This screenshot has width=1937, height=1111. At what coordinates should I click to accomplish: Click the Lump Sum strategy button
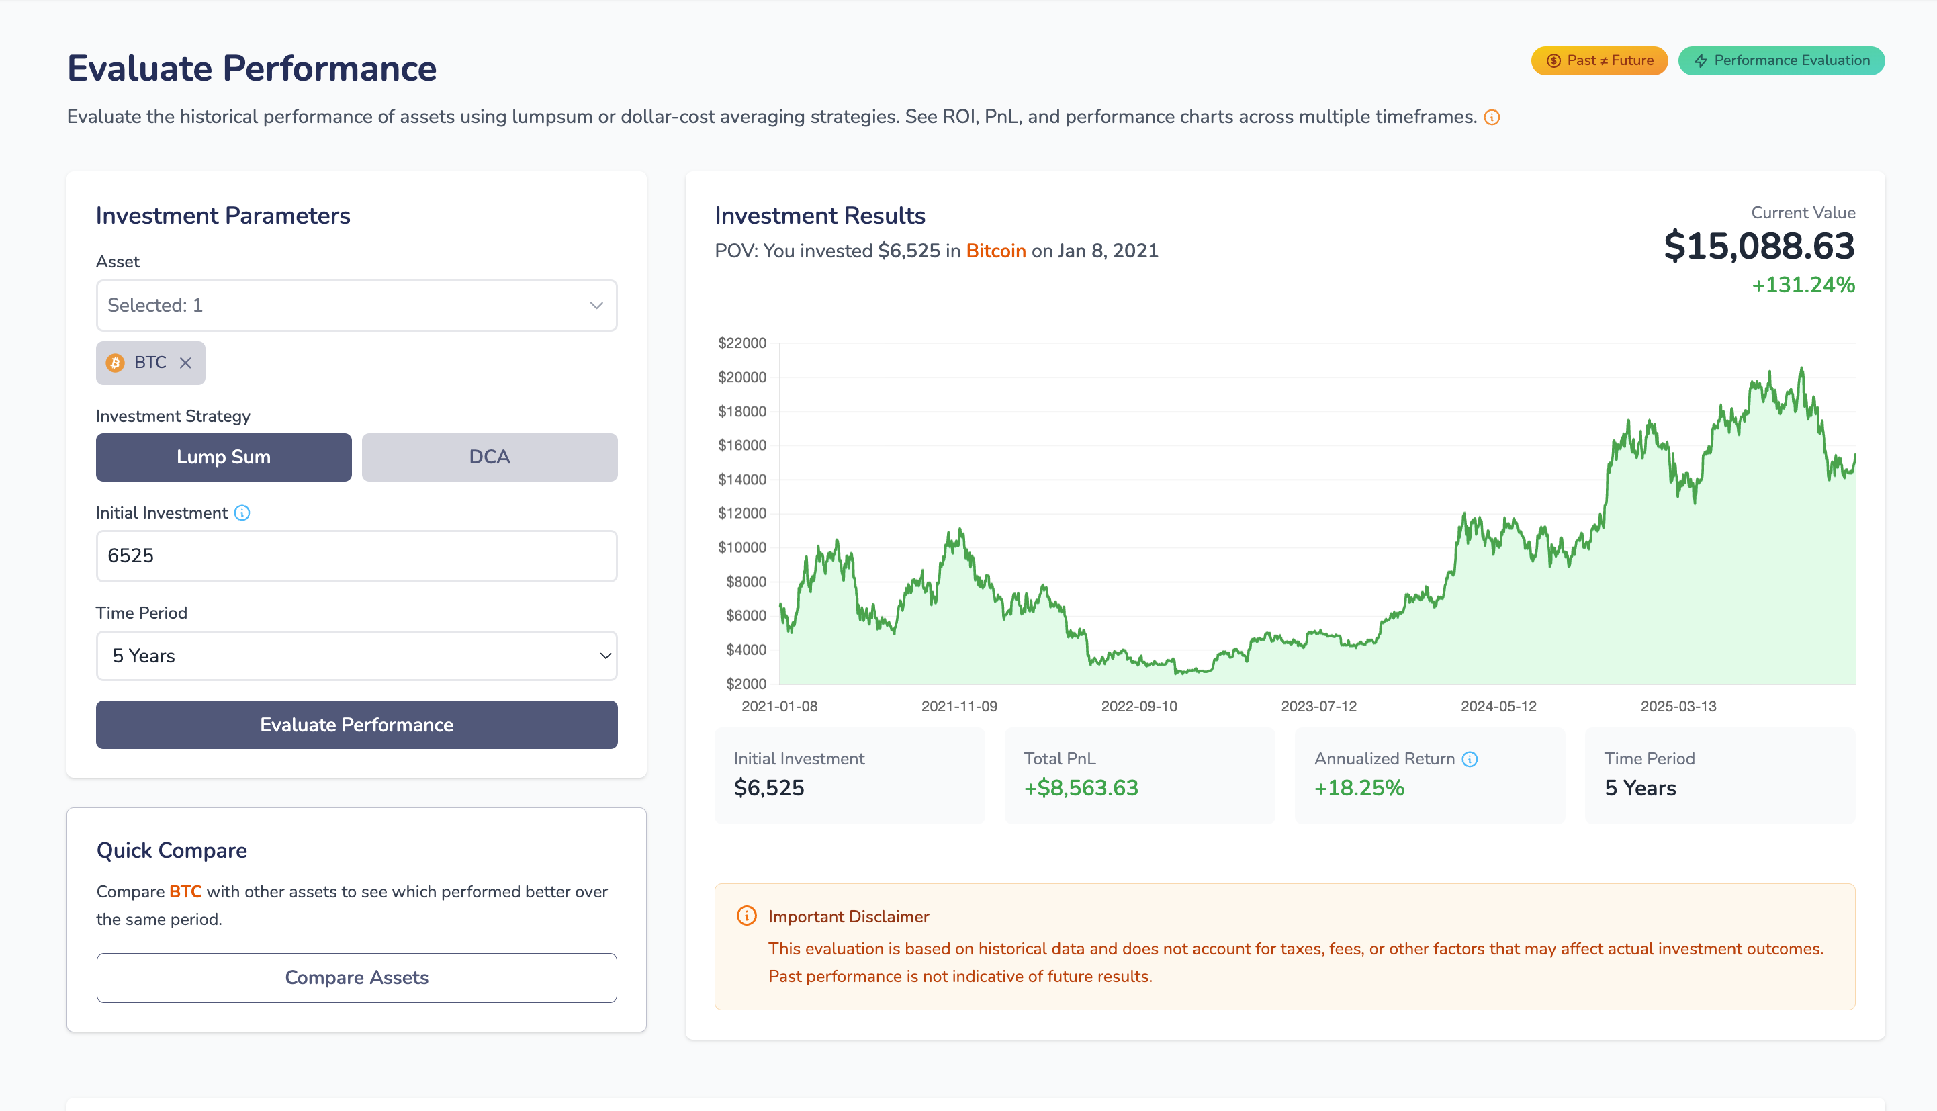(224, 457)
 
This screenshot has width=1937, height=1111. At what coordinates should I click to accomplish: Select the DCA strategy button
(489, 457)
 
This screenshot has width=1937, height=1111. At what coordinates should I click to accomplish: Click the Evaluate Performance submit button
(356, 725)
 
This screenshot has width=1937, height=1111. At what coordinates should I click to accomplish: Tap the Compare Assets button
(356, 977)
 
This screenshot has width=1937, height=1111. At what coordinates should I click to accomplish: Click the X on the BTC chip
(185, 363)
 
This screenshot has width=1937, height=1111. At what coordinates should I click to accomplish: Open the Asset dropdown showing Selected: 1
(356, 305)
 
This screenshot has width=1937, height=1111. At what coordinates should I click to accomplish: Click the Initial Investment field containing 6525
(356, 555)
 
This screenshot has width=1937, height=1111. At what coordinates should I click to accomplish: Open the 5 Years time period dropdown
(356, 656)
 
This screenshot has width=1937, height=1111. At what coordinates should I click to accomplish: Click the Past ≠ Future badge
(1599, 61)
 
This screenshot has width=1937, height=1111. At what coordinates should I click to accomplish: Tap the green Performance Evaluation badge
(1781, 61)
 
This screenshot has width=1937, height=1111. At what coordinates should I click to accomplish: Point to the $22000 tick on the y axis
(741, 343)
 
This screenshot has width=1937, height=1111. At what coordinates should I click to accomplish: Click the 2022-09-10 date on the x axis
(1139, 707)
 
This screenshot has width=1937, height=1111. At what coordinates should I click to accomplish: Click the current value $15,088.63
(1758, 247)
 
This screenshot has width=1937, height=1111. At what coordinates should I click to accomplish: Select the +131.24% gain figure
(1803, 285)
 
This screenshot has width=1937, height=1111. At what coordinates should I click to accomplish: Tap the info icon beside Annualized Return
(1470, 759)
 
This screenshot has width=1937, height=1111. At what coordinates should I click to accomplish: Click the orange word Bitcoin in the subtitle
(995, 251)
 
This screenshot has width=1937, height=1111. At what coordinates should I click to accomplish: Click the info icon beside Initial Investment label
(242, 513)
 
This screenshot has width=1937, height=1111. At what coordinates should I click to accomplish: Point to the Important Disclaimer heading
(848, 916)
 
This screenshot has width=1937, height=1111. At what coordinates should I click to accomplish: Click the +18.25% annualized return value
(1359, 788)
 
